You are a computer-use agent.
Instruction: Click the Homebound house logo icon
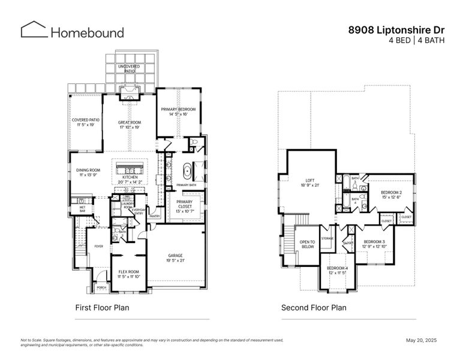[34, 29]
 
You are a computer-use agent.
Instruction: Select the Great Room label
[129, 124]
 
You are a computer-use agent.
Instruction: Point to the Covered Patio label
[86, 122]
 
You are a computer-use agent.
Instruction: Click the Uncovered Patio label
[130, 68]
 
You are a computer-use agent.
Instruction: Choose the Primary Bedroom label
[179, 111]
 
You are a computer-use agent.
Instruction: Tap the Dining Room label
[88, 172]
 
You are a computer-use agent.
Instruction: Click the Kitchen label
[130, 179]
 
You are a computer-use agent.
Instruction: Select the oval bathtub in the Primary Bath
[187, 172]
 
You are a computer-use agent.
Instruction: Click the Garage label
[175, 257]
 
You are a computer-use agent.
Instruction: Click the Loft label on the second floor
[310, 182]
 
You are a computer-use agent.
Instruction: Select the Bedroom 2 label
[391, 194]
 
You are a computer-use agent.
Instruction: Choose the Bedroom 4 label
[336, 270]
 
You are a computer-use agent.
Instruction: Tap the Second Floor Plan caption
[314, 308]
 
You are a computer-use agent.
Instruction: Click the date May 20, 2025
[422, 340]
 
